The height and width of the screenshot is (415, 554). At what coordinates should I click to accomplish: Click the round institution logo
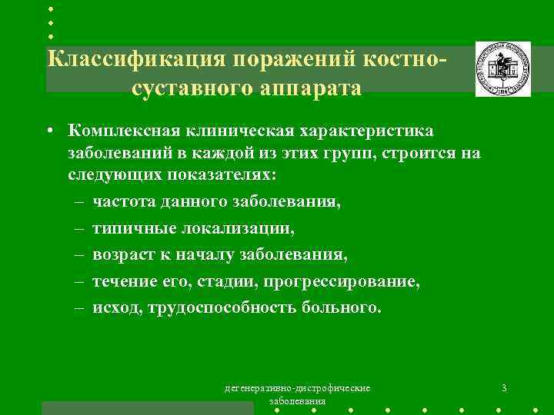coord(502,69)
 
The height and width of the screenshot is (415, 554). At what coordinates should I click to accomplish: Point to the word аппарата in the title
coord(313,88)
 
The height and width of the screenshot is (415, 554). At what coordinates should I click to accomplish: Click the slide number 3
coord(503,387)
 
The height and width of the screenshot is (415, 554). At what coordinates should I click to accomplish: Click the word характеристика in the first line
coord(370,132)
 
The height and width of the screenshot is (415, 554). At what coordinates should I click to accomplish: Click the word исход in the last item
coord(113,308)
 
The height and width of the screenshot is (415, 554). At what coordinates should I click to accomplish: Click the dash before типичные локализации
coord(80,228)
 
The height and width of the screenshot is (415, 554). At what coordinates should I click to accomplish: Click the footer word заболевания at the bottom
coord(298,401)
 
